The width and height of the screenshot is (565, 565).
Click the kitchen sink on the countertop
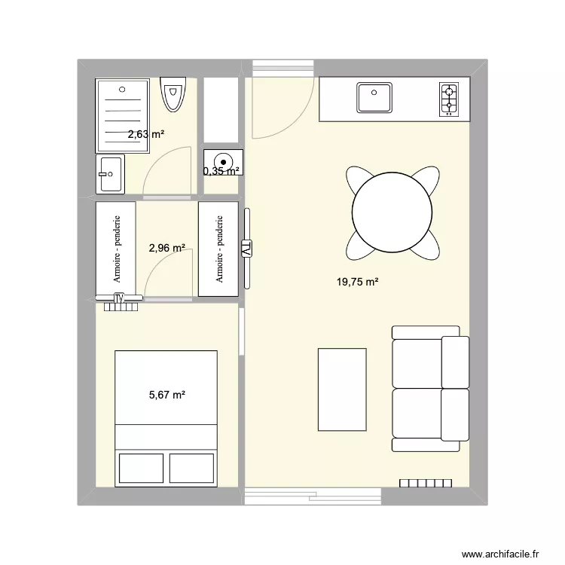click(375, 98)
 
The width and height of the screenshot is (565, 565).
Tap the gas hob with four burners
click(449, 99)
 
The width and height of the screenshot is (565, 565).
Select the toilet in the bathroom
click(173, 95)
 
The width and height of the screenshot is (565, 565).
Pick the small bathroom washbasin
click(109, 175)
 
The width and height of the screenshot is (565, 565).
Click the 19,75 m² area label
click(357, 282)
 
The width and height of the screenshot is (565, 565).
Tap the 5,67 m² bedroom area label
click(166, 394)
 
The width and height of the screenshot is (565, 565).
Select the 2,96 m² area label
click(166, 247)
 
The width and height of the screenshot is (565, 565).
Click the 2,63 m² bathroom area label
click(145, 135)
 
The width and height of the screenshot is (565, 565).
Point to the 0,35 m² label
click(221, 171)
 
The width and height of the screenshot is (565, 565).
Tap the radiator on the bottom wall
click(426, 483)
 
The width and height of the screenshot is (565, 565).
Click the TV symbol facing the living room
click(246, 247)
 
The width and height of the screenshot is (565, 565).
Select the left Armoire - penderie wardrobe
click(116, 249)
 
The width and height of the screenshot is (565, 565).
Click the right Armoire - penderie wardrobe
click(218, 249)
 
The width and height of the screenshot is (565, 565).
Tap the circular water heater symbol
click(222, 160)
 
